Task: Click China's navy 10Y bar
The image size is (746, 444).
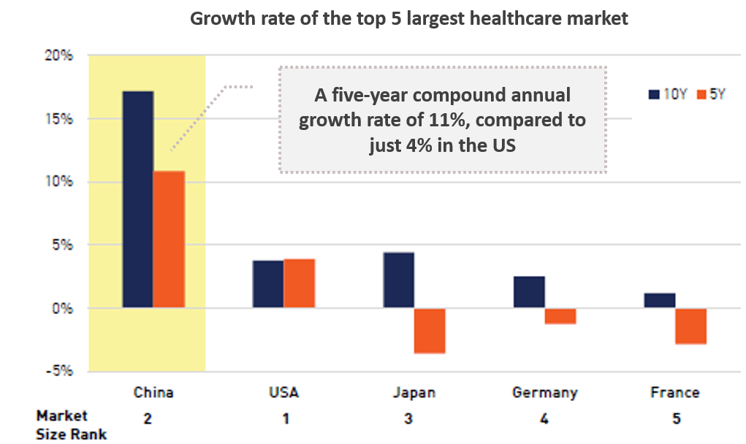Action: (x=138, y=199)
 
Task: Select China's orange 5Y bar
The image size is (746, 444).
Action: (x=169, y=239)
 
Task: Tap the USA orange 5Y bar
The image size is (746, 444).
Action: (x=300, y=283)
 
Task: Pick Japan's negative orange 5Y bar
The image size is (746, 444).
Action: (x=430, y=331)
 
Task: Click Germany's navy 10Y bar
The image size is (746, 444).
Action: (x=529, y=292)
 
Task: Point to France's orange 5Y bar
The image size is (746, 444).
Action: (x=690, y=326)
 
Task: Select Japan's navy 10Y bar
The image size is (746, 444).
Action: (x=399, y=280)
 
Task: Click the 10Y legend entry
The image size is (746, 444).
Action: (x=668, y=94)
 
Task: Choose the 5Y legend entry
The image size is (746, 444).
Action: (x=711, y=94)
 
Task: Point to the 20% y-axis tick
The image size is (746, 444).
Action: (x=59, y=55)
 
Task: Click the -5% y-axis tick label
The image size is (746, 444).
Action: (x=59, y=370)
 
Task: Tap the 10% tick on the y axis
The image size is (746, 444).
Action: (x=59, y=181)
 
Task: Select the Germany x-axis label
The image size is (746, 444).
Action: (x=545, y=393)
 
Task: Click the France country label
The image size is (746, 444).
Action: (x=675, y=392)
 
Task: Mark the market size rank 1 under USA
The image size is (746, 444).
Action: (x=286, y=418)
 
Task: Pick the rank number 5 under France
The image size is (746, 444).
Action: (x=677, y=418)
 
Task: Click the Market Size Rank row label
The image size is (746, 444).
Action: (x=72, y=425)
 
